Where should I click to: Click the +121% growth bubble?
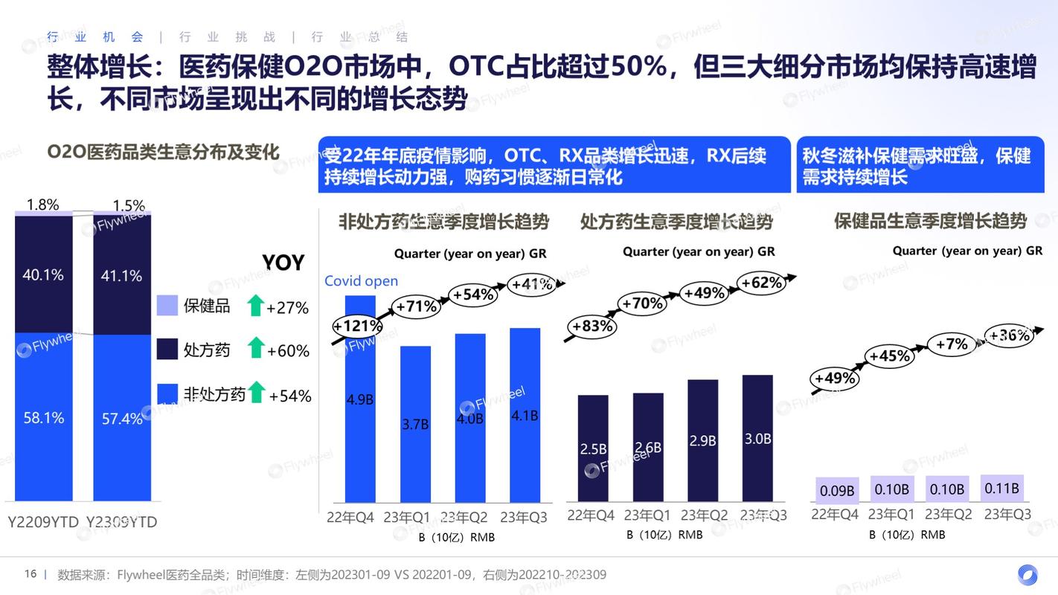(357, 326)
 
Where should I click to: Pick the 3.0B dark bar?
(757, 438)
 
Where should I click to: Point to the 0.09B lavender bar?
(837, 490)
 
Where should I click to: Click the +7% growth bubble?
(952, 344)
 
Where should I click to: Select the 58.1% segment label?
(43, 418)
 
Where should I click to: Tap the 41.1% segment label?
(121, 276)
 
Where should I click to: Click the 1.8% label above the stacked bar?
(42, 205)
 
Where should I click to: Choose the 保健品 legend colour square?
(167, 306)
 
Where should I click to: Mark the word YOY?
(283, 263)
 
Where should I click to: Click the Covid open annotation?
(361, 281)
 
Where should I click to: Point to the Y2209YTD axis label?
(43, 522)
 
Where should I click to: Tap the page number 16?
(31, 574)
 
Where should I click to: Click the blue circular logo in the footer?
(1027, 575)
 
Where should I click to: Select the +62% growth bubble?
(762, 283)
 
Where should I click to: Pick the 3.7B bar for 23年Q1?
(415, 424)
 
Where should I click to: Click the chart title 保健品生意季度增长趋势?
(930, 221)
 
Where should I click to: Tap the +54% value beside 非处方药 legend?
(290, 396)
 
